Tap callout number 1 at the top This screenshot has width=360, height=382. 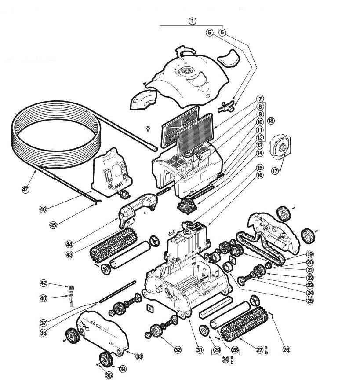tap(192, 20)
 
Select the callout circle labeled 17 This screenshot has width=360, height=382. tap(275, 171)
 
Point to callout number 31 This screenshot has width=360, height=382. tap(200, 350)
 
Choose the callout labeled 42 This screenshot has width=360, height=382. tap(43, 283)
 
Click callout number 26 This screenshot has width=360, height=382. tap(286, 350)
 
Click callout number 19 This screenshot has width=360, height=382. tap(310, 254)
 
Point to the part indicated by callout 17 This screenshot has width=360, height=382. tap(281, 149)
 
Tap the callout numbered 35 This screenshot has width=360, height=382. tap(109, 375)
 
